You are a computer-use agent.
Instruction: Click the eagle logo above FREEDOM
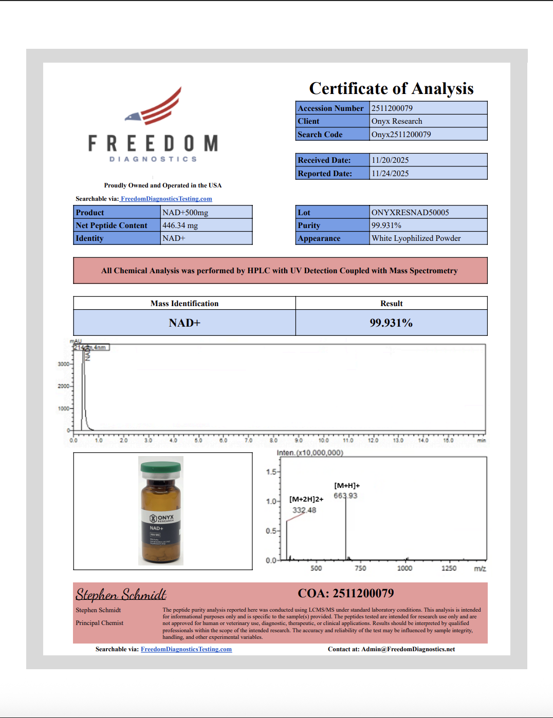coord(154,108)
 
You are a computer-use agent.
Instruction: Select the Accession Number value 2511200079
coord(392,108)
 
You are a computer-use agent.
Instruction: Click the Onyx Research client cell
coord(397,121)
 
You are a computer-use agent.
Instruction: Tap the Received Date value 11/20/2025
coord(390,160)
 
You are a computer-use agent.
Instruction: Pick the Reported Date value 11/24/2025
coord(390,174)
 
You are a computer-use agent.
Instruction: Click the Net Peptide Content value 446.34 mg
coord(180,225)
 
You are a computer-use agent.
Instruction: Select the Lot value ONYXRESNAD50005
coord(410,213)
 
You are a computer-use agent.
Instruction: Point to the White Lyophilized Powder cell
coord(416,238)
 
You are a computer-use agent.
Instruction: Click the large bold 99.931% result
coord(391,323)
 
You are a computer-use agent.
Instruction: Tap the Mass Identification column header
coord(185,304)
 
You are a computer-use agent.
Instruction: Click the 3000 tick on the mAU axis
coord(64,364)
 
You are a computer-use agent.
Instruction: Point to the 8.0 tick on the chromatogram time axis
coord(273,440)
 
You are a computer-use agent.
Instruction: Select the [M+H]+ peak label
coord(347,485)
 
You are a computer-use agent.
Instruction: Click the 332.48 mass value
coord(304,510)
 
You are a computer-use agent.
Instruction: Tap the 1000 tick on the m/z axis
coord(404,568)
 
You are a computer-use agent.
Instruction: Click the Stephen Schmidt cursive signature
coord(121,595)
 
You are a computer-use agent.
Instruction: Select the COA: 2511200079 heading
coord(346,594)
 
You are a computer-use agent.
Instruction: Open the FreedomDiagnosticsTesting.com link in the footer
coord(186,649)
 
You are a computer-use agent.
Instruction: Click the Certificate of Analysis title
coord(391,89)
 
